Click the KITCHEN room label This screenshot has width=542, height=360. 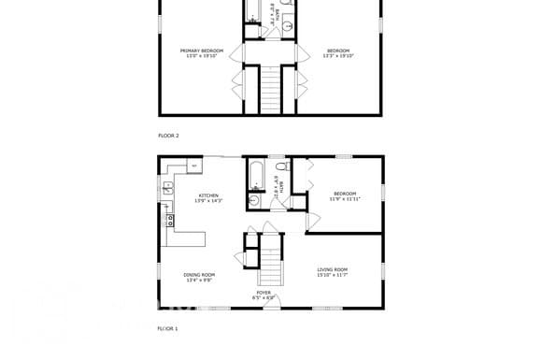pyautogui.click(x=207, y=195)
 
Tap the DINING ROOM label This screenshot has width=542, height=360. pyautogui.click(x=200, y=274)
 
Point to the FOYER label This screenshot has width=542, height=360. pyautogui.click(x=264, y=293)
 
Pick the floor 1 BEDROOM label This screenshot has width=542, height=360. pyautogui.click(x=345, y=194)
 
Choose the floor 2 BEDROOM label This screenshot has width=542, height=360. pyautogui.click(x=337, y=50)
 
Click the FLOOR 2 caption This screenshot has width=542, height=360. pyautogui.click(x=168, y=136)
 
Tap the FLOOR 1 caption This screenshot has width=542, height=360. pyautogui.click(x=167, y=328)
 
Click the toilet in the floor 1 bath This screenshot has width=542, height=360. pyautogui.click(x=280, y=168)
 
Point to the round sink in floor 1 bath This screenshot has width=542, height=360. pyautogui.click(x=254, y=199)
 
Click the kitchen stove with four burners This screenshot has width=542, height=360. pyautogui.click(x=170, y=222)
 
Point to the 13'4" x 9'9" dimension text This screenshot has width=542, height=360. pyautogui.click(x=200, y=280)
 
